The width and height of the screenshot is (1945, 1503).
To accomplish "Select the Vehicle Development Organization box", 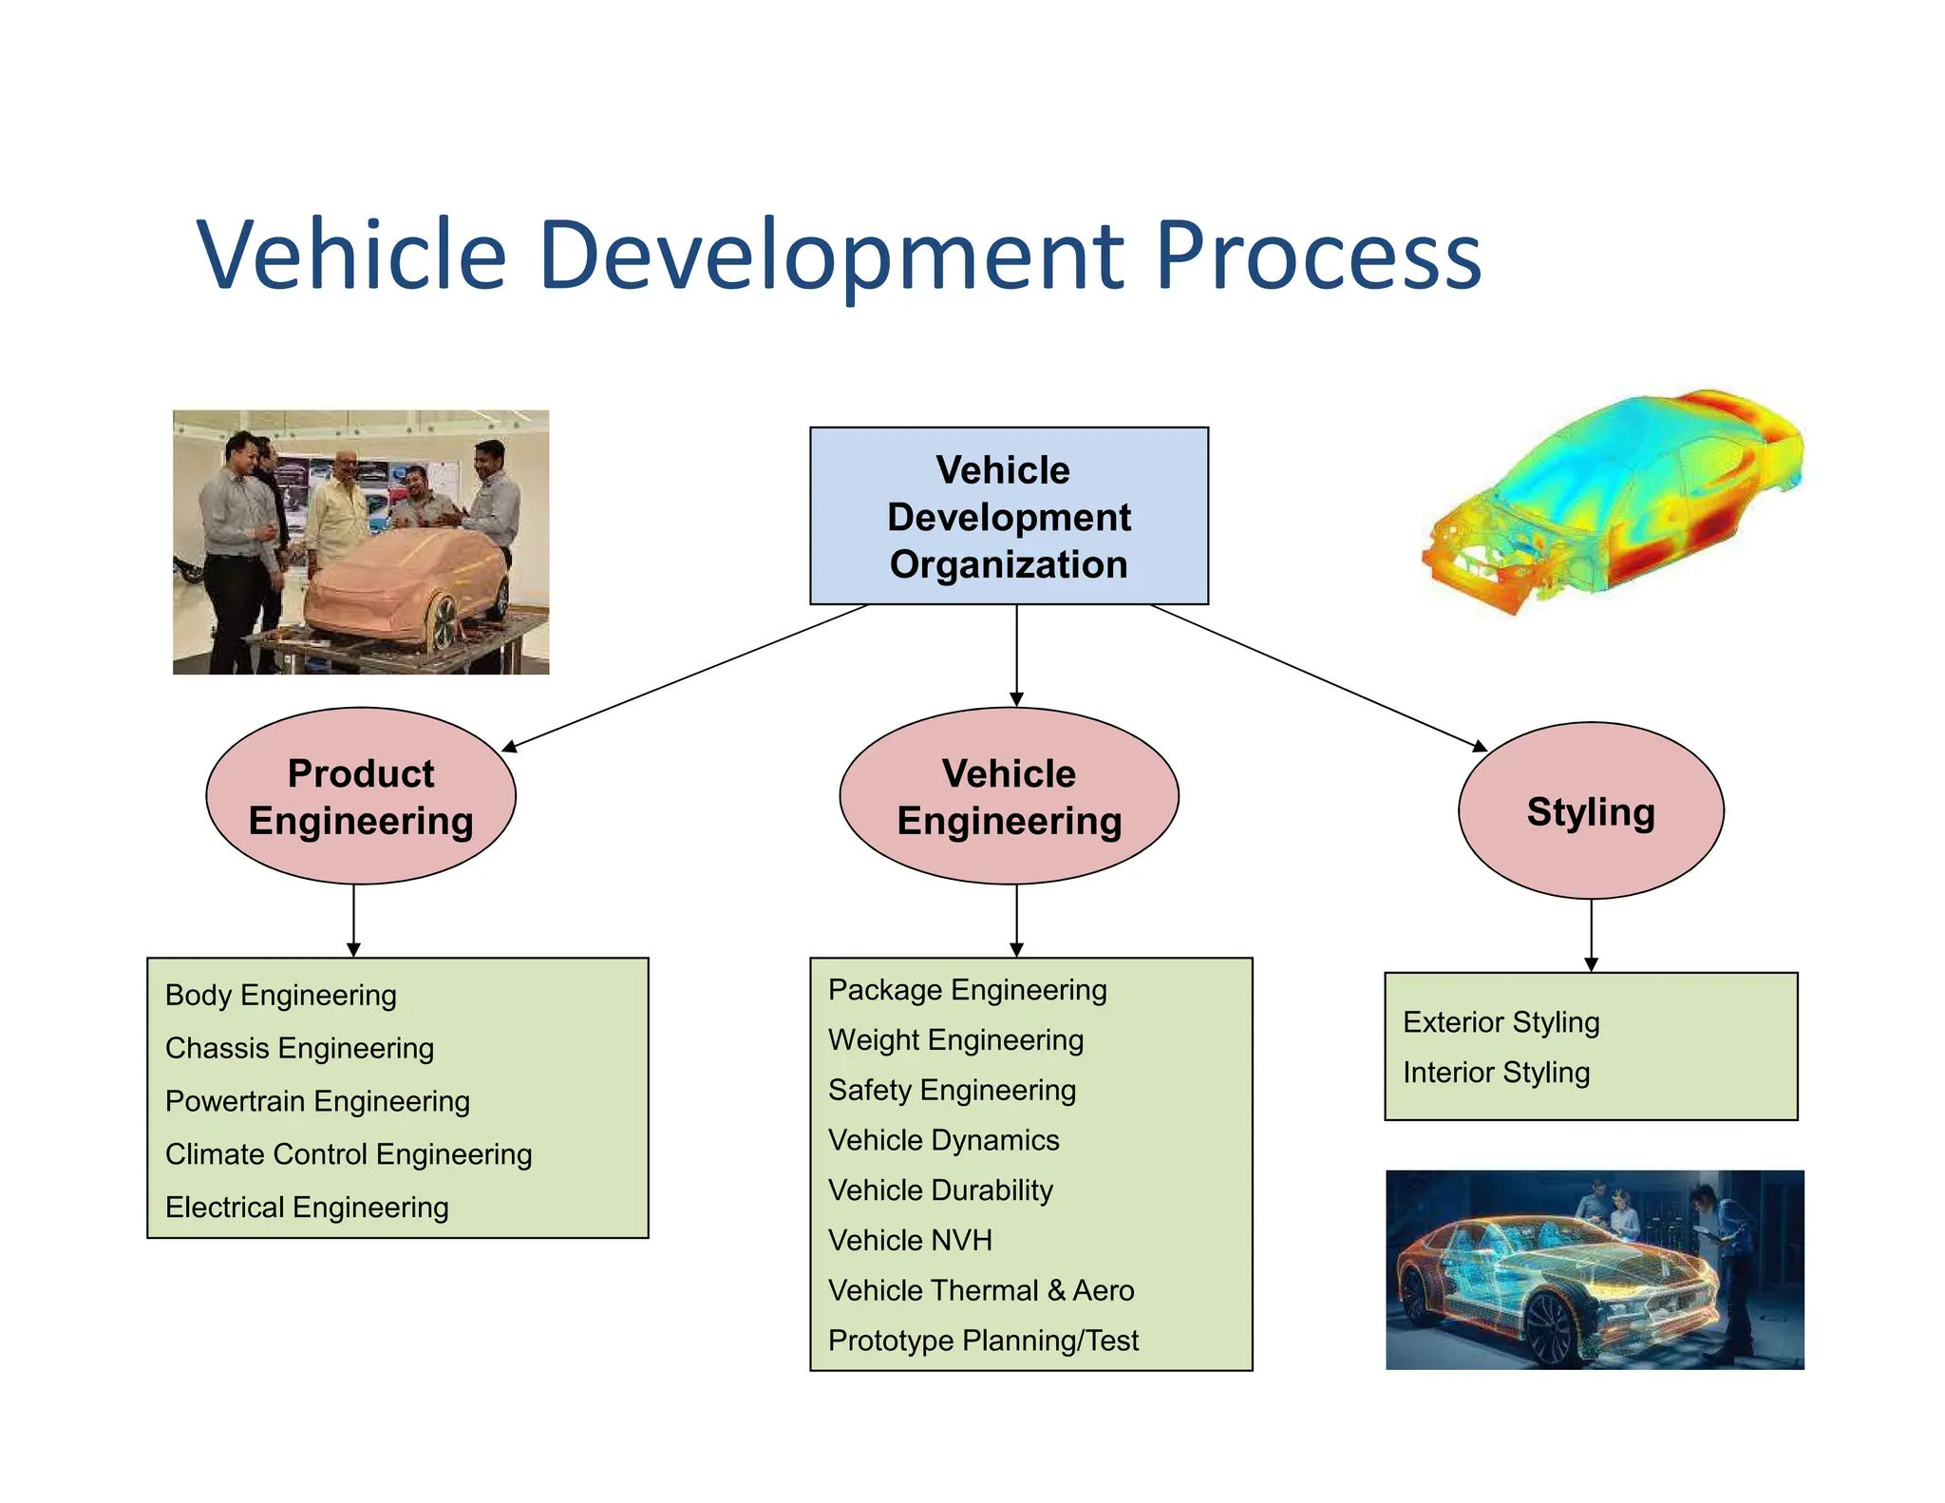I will click(1009, 516).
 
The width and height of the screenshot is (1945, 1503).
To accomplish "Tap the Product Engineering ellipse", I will click(361, 796).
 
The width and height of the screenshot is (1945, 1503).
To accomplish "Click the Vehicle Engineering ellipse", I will click(1009, 796).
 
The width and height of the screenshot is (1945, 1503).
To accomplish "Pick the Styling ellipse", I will click(1591, 811).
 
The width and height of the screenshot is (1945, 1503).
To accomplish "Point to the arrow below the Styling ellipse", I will click(1591, 936).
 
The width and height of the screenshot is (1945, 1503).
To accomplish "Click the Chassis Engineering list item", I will click(299, 1048).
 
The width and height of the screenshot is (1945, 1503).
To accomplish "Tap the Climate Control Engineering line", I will click(348, 1154).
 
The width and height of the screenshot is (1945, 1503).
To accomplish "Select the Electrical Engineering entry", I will click(307, 1208).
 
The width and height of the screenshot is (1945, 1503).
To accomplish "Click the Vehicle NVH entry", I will click(910, 1241).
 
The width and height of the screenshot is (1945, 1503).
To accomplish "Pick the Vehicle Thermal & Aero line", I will click(981, 1291).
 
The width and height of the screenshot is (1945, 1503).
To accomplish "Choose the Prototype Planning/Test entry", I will click(983, 1341).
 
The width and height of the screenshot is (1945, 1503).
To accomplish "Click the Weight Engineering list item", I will click(955, 1040).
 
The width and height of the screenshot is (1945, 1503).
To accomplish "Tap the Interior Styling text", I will click(1496, 1073).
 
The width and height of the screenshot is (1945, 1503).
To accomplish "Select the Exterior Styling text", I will click(1501, 1022).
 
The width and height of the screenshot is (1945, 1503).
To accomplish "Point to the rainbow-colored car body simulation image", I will click(1615, 499).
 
